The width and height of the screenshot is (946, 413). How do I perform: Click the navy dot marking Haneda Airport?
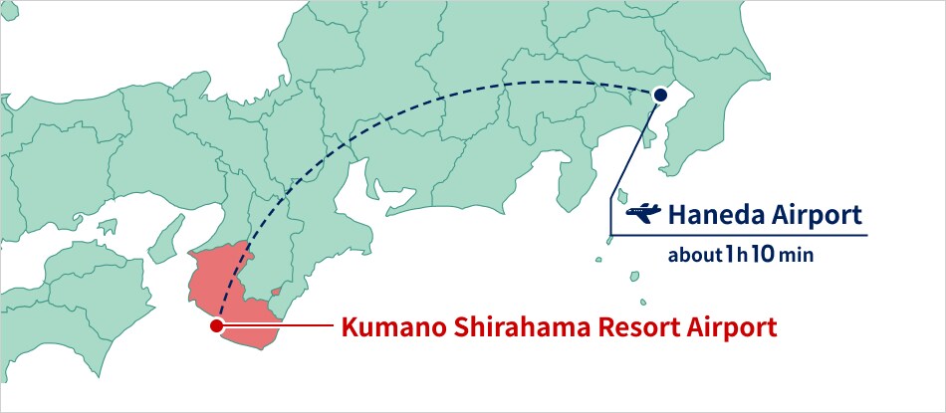(x=659, y=95)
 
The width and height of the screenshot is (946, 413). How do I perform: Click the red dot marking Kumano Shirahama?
(x=216, y=325)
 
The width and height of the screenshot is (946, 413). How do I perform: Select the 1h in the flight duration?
(x=735, y=254)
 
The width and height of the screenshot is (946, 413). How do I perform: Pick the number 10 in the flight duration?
(x=762, y=254)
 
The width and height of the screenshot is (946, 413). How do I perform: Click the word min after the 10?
(x=796, y=256)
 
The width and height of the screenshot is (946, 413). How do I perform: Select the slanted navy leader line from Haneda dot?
(x=633, y=164)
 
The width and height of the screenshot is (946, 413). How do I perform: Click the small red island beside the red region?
(x=276, y=293)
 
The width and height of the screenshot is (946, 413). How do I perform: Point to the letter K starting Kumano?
(x=350, y=326)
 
